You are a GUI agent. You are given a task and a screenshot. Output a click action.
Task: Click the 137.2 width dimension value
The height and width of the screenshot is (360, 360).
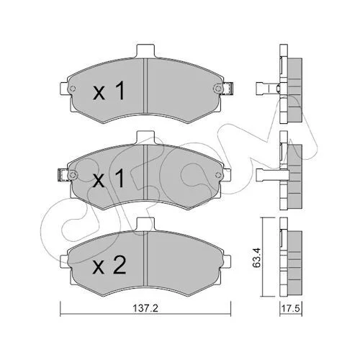[145, 308]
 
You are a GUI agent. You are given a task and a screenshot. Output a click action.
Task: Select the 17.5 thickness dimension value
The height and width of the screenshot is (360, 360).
[291, 308]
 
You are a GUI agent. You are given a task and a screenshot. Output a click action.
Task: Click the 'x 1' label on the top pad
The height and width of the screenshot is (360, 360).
[109, 90]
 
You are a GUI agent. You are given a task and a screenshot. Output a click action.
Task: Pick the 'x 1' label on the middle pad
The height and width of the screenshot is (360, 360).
[109, 178]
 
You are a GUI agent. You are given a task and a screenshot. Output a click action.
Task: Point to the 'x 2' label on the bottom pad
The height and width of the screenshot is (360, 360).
[109, 265]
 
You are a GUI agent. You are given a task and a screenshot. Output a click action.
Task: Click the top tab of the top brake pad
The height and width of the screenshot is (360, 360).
[145, 51]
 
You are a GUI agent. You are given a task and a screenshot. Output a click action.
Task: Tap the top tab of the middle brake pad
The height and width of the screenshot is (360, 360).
[145, 138]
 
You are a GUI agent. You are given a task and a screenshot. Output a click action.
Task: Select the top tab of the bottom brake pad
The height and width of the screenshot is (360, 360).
[145, 224]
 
